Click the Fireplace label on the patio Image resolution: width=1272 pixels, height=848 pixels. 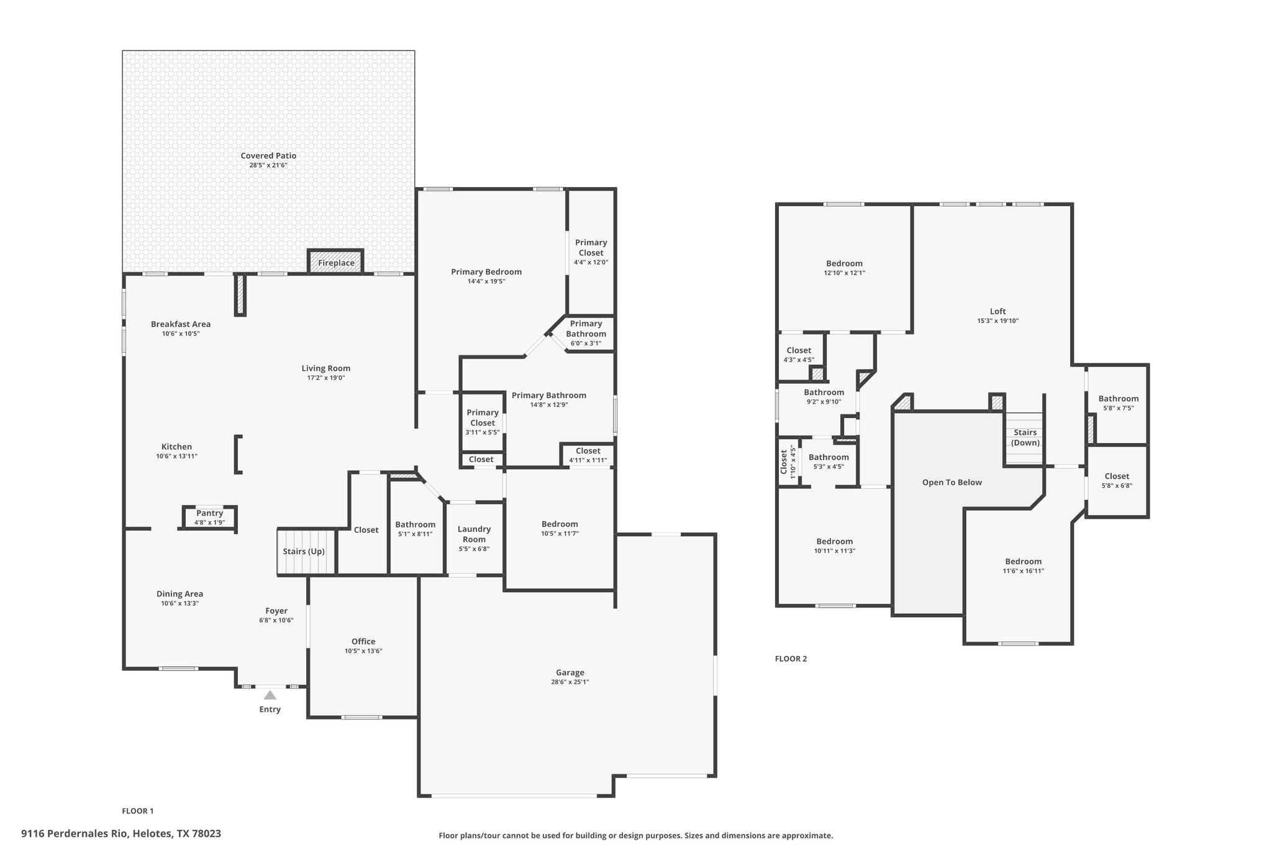click(x=336, y=263)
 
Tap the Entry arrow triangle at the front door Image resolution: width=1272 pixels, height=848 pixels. click(x=270, y=695)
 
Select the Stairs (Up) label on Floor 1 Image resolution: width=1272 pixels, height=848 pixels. click(x=304, y=551)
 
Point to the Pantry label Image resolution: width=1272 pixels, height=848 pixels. click(x=209, y=513)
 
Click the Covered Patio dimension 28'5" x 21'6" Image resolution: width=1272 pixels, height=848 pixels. click(x=268, y=165)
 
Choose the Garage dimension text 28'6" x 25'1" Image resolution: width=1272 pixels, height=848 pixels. click(x=570, y=682)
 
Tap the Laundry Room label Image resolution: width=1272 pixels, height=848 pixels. click(x=474, y=534)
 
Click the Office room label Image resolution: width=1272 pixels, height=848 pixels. click(x=363, y=641)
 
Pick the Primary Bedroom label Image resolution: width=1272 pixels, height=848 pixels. click(x=486, y=271)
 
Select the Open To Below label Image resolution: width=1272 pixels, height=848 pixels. click(x=952, y=482)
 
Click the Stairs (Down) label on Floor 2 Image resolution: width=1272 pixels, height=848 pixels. click(x=1025, y=437)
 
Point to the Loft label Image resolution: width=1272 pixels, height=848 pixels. click(x=997, y=311)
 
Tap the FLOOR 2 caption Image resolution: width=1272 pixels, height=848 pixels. click(x=791, y=659)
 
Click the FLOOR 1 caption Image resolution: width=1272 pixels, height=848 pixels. click(x=137, y=811)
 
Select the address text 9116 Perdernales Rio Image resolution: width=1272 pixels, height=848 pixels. click(x=75, y=834)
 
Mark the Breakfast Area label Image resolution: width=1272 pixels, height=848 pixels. click(x=181, y=324)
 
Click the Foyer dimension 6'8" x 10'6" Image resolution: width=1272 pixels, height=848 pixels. click(x=276, y=620)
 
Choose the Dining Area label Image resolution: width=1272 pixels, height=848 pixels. click(x=179, y=593)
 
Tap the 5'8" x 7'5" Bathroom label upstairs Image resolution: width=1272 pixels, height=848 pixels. click(x=1118, y=399)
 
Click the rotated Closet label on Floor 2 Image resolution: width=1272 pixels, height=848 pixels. click(x=784, y=463)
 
